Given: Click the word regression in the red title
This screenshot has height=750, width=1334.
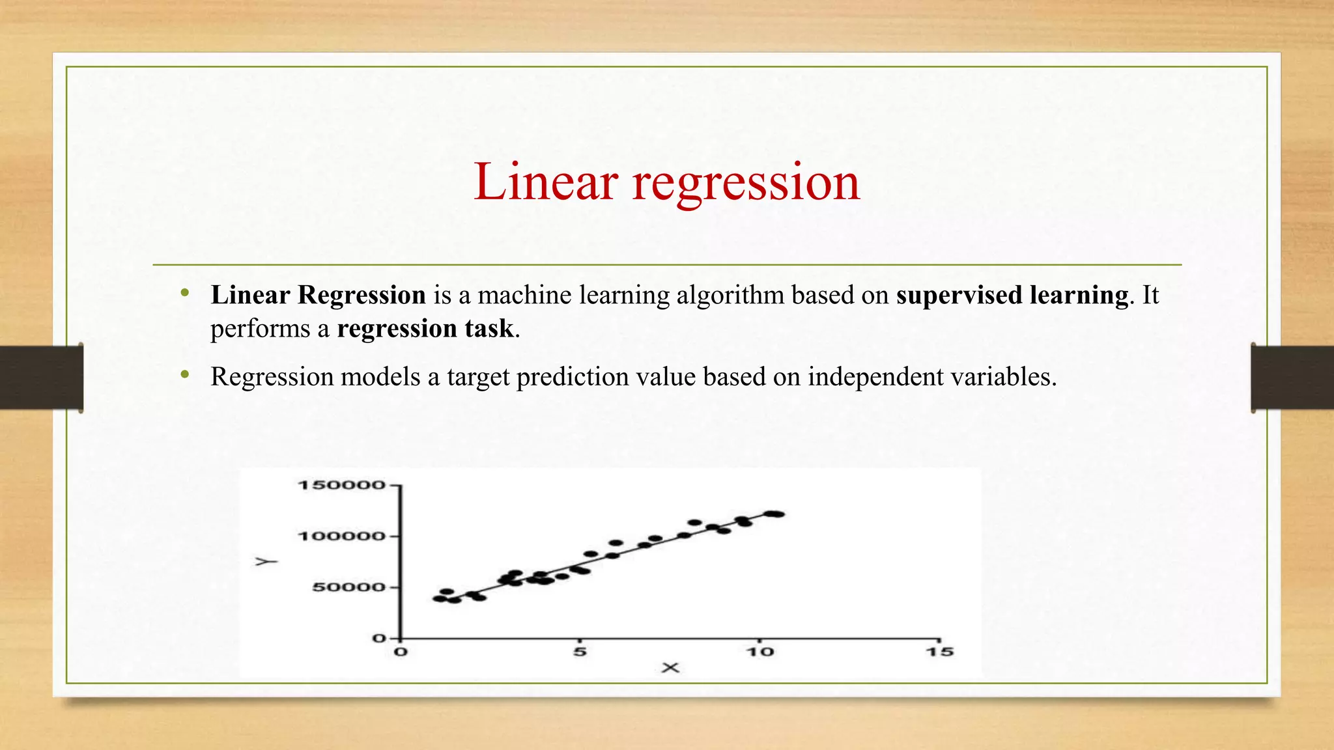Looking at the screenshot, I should pyautogui.click(x=746, y=183).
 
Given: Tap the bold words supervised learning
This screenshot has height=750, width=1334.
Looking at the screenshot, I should pyautogui.click(x=1012, y=296).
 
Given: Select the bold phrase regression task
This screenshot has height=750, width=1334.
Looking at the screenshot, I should pyautogui.click(x=425, y=329).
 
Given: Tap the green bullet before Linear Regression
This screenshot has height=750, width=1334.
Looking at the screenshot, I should pyautogui.click(x=185, y=293).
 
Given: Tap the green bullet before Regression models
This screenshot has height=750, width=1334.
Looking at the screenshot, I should pyautogui.click(x=185, y=374).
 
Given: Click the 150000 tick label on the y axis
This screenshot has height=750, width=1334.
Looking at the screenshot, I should pyautogui.click(x=341, y=485).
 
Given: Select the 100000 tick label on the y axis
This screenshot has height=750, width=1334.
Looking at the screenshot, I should pyautogui.click(x=341, y=536).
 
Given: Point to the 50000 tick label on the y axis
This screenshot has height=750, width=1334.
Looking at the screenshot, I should pyautogui.click(x=348, y=587).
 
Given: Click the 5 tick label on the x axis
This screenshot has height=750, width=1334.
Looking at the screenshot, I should pyautogui.click(x=580, y=652).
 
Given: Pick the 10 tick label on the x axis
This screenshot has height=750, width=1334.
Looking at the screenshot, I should pyautogui.click(x=759, y=652).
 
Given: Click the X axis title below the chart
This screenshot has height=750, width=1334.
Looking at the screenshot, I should pyautogui.click(x=670, y=668).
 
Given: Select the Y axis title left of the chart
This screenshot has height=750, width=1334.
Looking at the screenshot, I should pyautogui.click(x=266, y=561).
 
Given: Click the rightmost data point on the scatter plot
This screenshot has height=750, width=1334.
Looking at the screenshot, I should pyautogui.click(x=776, y=514).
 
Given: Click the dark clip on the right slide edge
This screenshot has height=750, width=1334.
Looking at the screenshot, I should pyautogui.click(x=1292, y=378).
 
